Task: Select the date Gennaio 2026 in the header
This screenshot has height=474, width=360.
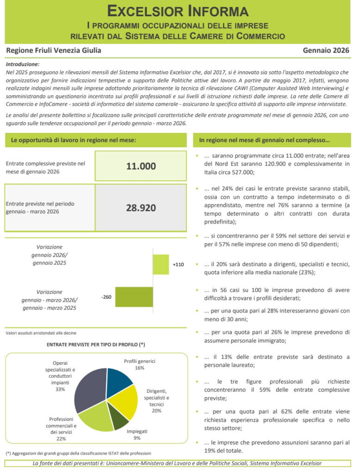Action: tap(326, 50)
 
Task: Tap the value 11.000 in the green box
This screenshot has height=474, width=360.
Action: tap(141, 166)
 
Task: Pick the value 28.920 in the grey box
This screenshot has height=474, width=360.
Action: tap(141, 207)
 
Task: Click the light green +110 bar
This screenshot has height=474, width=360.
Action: tap(161, 264)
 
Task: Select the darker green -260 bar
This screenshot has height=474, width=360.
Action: tap(134, 297)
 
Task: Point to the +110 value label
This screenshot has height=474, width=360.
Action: tap(178, 265)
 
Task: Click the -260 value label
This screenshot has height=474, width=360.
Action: tap(106, 297)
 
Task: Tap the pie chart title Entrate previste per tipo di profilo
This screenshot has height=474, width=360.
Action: tap(96, 344)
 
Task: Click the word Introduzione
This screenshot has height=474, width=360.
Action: tap(23, 64)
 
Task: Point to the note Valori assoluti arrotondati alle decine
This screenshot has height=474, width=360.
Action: tap(41, 333)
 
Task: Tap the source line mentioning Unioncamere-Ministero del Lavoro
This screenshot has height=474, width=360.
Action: tap(177, 463)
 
